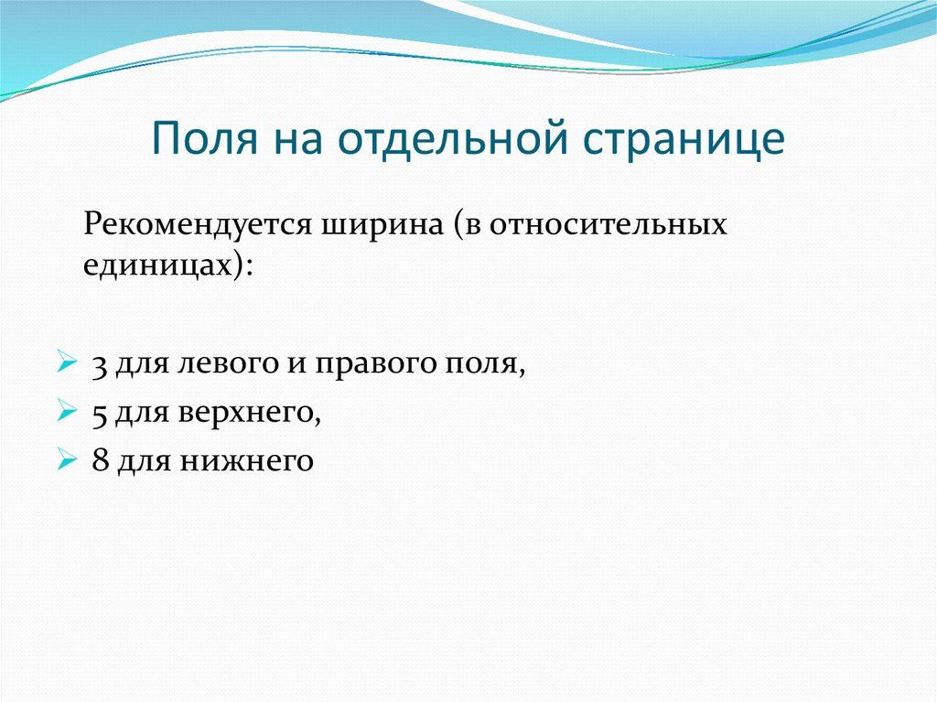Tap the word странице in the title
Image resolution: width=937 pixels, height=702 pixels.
click(x=680, y=139)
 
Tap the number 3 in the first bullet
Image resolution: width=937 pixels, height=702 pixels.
click(x=98, y=364)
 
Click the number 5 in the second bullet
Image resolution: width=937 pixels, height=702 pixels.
click(x=98, y=413)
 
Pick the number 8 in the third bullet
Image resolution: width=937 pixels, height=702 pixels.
click(x=98, y=461)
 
